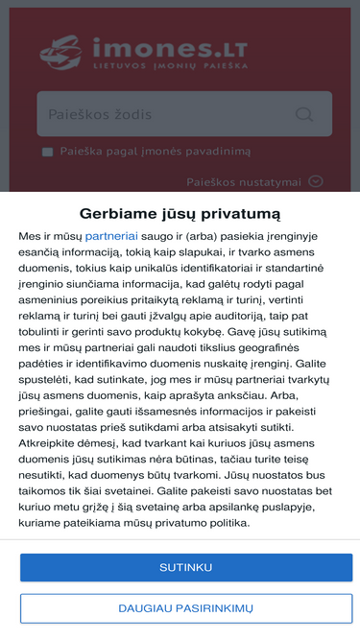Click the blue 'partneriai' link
pyautogui.click(x=111, y=235)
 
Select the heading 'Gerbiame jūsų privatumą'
pyautogui.click(x=180, y=213)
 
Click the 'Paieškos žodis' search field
pyautogui.click(x=163, y=114)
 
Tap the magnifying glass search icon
pyautogui.click(x=305, y=114)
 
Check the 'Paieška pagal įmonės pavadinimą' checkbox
pyautogui.click(x=47, y=152)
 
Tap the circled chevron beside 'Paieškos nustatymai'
pyautogui.click(x=316, y=181)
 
